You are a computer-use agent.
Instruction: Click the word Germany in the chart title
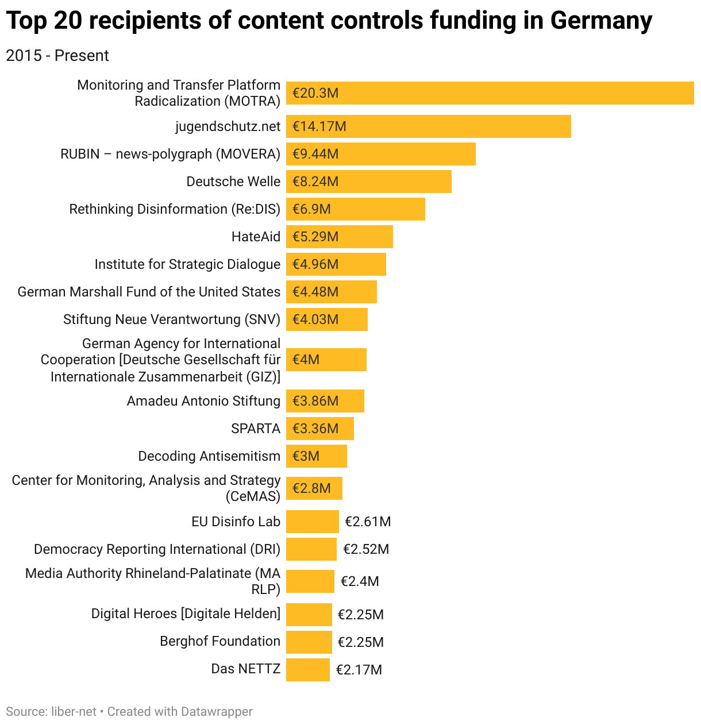point(601,21)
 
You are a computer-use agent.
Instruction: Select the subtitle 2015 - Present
point(57,56)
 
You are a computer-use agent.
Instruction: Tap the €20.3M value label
point(315,93)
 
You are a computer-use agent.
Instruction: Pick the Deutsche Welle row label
point(233,182)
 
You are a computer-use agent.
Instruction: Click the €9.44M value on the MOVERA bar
point(315,154)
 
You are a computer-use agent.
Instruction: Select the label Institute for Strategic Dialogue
point(187,264)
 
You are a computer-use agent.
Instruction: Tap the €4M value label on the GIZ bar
point(306,360)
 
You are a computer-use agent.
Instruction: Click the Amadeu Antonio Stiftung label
point(203,401)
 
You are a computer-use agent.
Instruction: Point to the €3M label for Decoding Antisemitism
point(306,456)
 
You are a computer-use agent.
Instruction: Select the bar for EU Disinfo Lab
point(312,522)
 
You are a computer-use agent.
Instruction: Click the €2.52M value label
point(366,549)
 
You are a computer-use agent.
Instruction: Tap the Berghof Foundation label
point(220,641)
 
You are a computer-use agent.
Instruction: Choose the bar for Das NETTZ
point(307,670)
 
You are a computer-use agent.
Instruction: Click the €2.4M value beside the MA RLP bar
point(360,581)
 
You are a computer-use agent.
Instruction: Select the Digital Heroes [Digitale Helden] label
point(186,614)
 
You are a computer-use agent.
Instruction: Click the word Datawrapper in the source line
point(217,712)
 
